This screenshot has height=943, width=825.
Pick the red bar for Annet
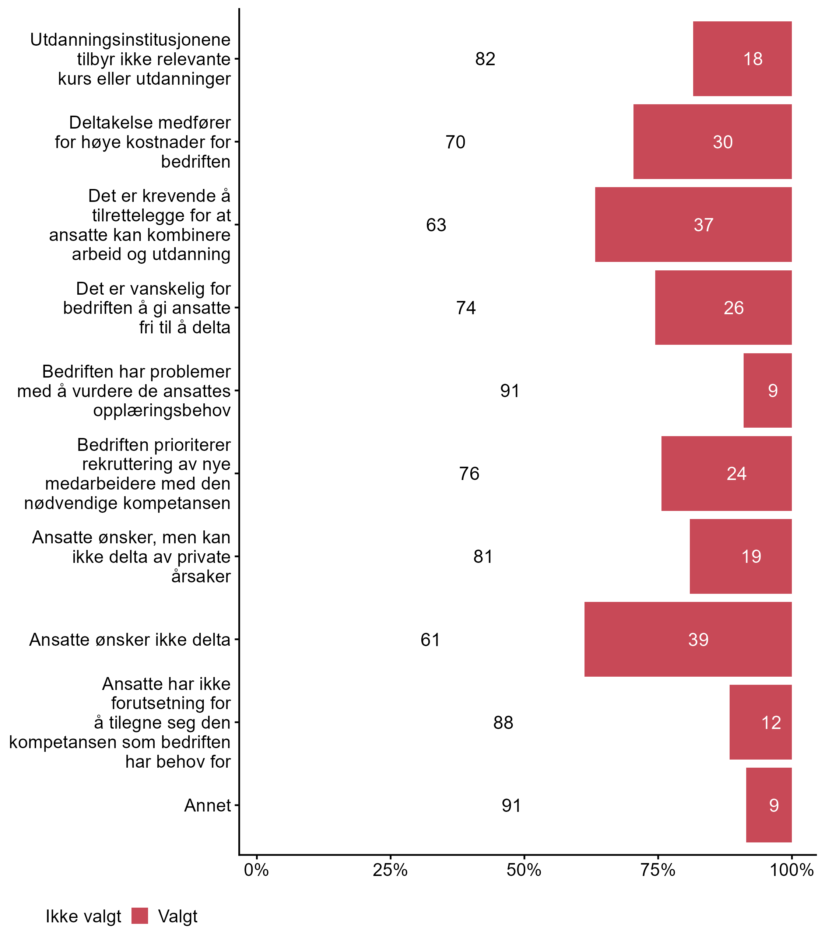tap(769, 805)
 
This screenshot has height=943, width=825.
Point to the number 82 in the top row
tap(485, 59)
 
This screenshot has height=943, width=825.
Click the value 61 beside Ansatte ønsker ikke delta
tap(431, 639)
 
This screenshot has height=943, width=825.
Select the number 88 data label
tap(503, 723)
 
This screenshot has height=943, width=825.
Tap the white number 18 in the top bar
tap(753, 59)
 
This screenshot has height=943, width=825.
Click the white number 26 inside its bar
tap(733, 308)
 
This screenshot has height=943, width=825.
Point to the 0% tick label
tap(256, 870)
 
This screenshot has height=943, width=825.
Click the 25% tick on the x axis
tap(390, 870)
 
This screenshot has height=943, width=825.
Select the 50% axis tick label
tap(524, 870)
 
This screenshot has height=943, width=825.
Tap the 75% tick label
tap(658, 870)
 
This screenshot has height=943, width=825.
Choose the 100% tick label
tap(792, 870)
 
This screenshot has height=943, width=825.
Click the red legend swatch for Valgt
tap(140, 916)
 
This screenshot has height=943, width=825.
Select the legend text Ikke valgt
tap(83, 917)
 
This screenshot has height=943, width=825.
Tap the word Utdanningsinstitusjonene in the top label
tap(130, 40)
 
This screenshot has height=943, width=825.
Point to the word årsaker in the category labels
tap(201, 576)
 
